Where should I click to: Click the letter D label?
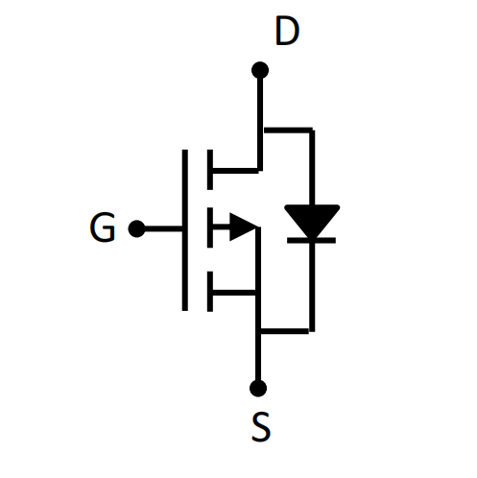[287, 32]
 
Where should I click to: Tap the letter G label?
[103, 227]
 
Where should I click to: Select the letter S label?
[261, 427]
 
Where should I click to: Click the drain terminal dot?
[260, 70]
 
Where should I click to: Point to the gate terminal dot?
[136, 228]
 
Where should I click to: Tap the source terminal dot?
[258, 389]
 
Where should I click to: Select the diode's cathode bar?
[311, 241]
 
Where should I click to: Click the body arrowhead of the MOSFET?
[243, 227]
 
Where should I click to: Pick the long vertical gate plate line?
[185, 229]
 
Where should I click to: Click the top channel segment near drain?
[210, 170]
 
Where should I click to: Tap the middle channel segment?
[210, 227]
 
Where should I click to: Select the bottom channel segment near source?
[210, 292]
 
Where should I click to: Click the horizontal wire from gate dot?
[163, 228]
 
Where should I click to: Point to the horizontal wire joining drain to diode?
[288, 130]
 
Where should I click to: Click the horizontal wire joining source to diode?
[285, 331]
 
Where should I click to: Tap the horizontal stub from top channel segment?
[235, 171]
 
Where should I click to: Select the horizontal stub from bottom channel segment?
[234, 293]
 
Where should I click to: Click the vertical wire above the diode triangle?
[312, 167]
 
